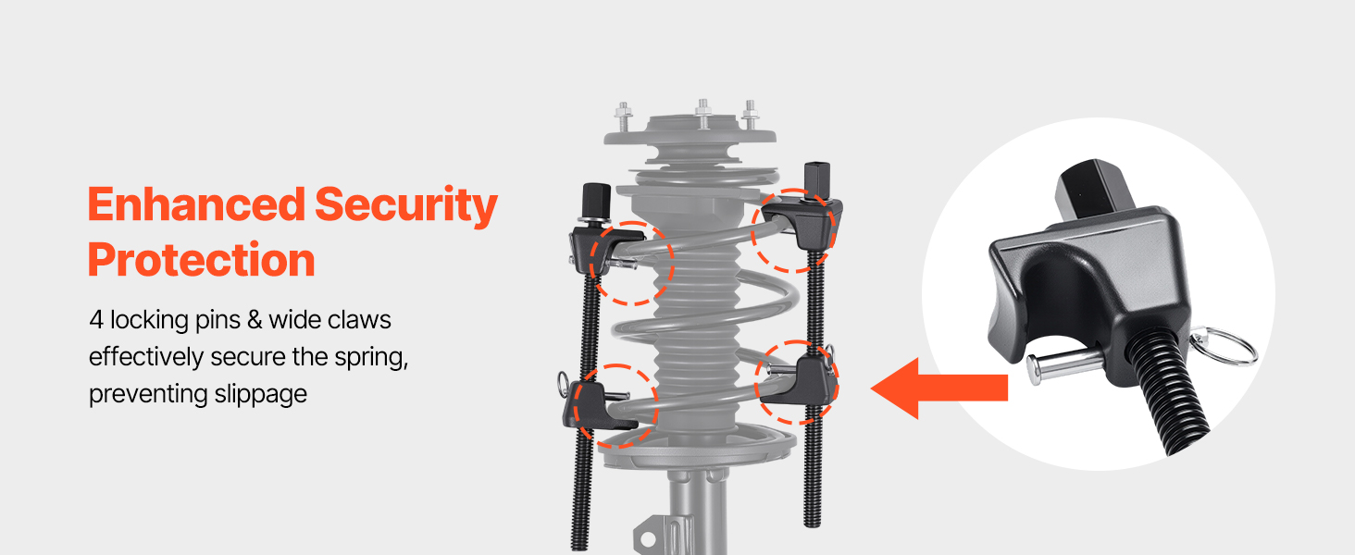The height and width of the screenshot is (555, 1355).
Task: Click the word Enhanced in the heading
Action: [x=196, y=204]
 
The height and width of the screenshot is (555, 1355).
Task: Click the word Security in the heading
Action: [x=406, y=206]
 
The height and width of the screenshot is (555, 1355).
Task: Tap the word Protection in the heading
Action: [x=202, y=260]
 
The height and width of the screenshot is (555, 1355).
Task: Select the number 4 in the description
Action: [x=96, y=320]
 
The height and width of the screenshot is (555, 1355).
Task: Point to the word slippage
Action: [x=260, y=394]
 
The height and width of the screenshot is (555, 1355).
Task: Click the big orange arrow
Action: [x=939, y=388]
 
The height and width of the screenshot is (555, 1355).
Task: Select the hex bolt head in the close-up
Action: [x=1094, y=193]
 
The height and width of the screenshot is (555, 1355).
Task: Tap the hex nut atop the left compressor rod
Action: [x=596, y=200]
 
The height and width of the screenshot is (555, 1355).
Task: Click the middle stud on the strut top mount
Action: [x=702, y=114]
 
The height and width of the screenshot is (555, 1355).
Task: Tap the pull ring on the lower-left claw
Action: [x=563, y=382]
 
